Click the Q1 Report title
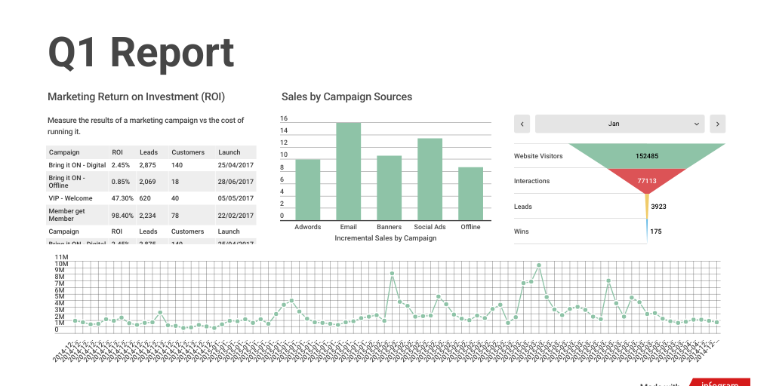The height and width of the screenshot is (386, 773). [x=141, y=54]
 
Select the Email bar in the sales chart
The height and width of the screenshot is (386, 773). [x=348, y=171]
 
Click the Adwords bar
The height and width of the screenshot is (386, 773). [x=307, y=189]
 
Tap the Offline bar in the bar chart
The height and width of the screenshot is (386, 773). [x=470, y=193]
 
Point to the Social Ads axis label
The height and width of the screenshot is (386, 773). [x=430, y=227]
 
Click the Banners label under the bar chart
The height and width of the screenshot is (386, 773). [x=389, y=227]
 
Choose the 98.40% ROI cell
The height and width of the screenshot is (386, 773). [x=122, y=215]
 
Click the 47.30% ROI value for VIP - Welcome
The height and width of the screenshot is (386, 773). [x=122, y=198]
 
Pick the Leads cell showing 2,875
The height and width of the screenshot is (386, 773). [x=147, y=165]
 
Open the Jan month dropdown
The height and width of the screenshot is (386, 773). [x=619, y=124]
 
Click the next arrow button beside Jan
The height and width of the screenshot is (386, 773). [x=717, y=124]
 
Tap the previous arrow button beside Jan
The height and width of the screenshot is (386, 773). [x=522, y=124]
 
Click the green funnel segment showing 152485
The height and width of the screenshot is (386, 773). [x=646, y=156]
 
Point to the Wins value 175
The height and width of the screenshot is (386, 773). [x=655, y=231]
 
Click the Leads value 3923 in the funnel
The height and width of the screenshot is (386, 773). [x=658, y=207]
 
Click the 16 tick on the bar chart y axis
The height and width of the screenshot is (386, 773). [x=284, y=119]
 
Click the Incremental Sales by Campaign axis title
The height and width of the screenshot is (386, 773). [x=385, y=238]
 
